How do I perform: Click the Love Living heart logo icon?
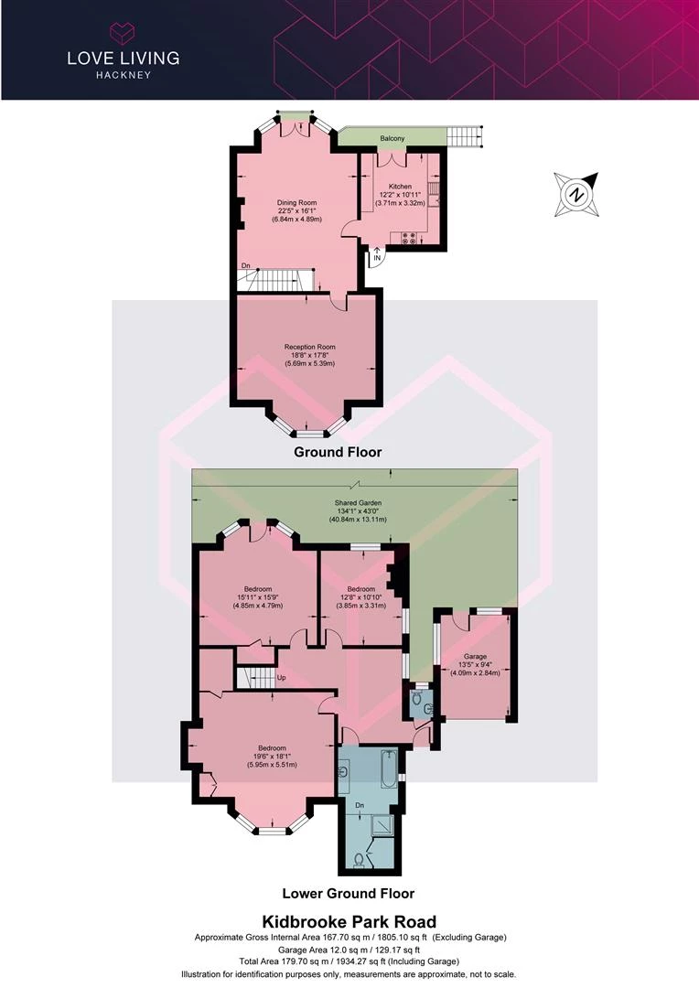pyautogui.click(x=123, y=33)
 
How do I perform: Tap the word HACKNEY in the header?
pyautogui.click(x=124, y=75)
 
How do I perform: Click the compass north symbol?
pyautogui.click(x=576, y=194)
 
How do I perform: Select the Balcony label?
pyautogui.click(x=393, y=138)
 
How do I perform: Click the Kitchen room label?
pyautogui.click(x=400, y=187)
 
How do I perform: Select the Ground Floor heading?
pyautogui.click(x=338, y=452)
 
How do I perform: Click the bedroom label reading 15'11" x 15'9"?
pyautogui.click(x=258, y=597)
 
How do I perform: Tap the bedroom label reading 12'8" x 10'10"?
pyautogui.click(x=361, y=597)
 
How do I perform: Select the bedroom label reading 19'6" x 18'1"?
pyautogui.click(x=272, y=757)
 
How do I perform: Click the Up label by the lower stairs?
pyautogui.click(x=282, y=678)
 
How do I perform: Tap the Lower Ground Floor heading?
pyautogui.click(x=348, y=893)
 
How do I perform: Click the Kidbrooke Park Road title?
pyautogui.click(x=349, y=922)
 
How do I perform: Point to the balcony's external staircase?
pyautogui.click(x=465, y=136)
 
